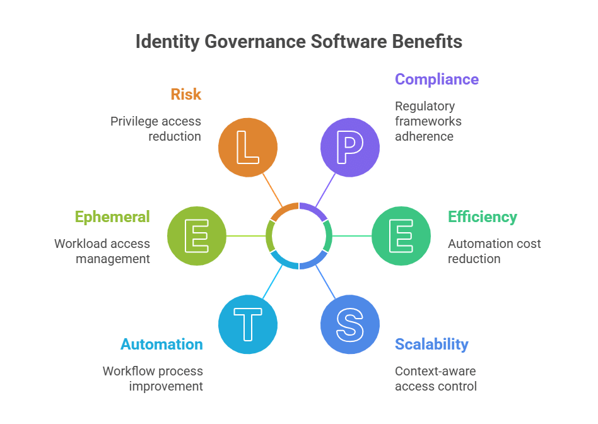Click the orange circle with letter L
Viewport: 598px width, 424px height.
[x=248, y=148]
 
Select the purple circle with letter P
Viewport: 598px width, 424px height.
[x=350, y=148]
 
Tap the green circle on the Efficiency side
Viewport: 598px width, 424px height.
[x=401, y=236]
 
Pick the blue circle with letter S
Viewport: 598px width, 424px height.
[x=350, y=324]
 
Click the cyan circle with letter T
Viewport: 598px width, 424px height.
[x=248, y=324]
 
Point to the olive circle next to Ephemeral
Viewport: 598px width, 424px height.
[x=197, y=236]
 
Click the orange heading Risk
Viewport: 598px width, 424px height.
[x=186, y=95]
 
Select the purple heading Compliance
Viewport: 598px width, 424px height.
[x=437, y=79]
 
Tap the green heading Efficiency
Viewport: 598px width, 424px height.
[x=483, y=217]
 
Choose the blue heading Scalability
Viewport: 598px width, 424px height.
[x=431, y=344]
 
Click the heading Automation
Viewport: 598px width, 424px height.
[x=162, y=344]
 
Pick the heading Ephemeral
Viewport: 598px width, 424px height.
[x=112, y=217]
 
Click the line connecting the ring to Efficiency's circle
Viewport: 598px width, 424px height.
[x=351, y=236]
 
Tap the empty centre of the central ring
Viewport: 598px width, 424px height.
[x=299, y=236]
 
